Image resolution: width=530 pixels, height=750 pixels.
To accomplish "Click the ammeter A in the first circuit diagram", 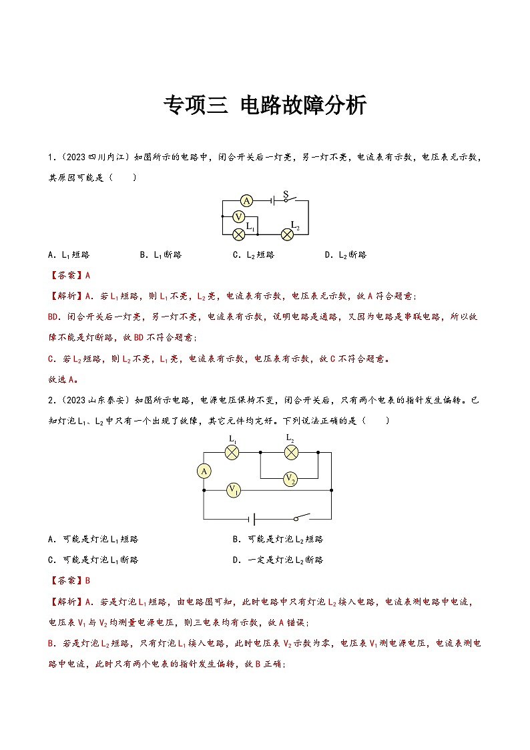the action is [246, 200].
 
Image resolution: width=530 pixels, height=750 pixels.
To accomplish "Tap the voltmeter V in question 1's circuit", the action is [239, 216].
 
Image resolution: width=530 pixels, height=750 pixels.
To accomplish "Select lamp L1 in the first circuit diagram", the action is [238, 234].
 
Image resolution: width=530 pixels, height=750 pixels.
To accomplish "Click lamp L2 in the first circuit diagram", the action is [288, 234].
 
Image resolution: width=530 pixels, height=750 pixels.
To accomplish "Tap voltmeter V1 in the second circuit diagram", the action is [233, 490].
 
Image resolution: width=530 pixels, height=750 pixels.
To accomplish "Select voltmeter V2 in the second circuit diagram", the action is [290, 478].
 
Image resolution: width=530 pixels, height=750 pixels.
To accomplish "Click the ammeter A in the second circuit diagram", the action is [204, 472].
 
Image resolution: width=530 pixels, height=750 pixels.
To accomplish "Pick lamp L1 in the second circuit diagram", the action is [232, 452].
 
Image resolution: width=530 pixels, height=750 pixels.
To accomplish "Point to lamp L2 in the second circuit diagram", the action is [290, 452].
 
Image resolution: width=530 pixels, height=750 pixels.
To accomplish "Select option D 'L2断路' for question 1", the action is [345, 254].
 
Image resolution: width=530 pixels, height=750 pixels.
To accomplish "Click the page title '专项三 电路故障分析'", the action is [265, 106].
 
